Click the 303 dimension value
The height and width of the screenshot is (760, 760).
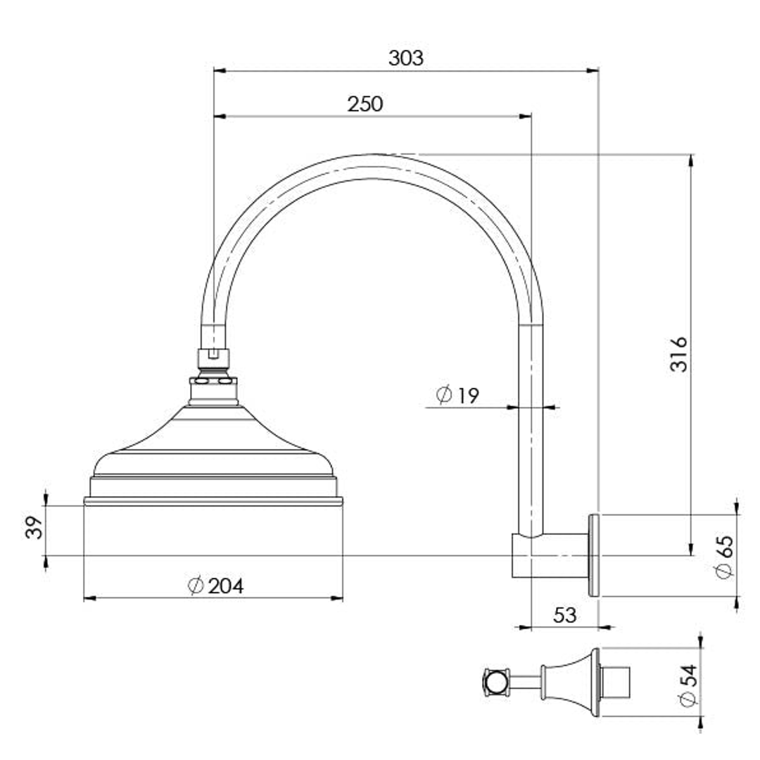coord(406,58)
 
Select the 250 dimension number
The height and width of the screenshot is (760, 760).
coord(365,104)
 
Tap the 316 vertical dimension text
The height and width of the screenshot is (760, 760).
coord(678,354)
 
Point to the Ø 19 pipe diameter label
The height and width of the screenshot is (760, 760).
coord(457,395)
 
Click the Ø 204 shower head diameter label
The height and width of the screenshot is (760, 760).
coord(216,585)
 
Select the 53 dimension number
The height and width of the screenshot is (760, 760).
coord(564,615)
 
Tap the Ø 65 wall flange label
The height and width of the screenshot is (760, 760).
coord(724,556)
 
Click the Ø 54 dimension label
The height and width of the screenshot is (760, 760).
coord(688,685)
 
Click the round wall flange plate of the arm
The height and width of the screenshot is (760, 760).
coord(593,555)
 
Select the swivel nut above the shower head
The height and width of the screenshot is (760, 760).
coord(213,359)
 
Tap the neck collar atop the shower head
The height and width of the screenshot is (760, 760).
coord(213,391)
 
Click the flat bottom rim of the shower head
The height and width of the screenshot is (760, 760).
coord(213,501)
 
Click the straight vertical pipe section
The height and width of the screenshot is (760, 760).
coord(531,436)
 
